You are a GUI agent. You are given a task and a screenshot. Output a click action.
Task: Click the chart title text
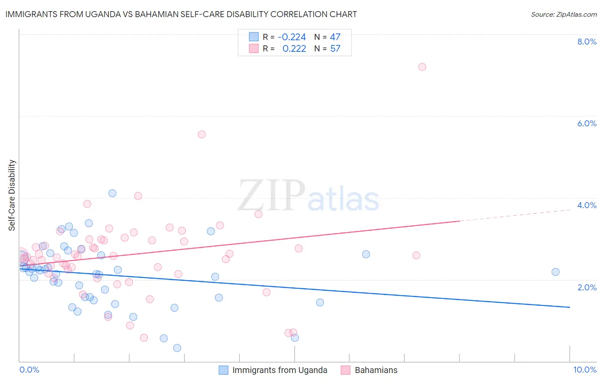181,14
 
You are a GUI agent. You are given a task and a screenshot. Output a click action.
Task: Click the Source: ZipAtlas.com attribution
563,14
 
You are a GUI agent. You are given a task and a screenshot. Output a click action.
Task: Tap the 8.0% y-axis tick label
587,42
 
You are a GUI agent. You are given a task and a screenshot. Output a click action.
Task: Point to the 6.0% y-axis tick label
587,123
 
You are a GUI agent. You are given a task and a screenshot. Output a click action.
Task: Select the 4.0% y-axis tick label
587,205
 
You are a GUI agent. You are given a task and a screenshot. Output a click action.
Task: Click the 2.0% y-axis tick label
587,287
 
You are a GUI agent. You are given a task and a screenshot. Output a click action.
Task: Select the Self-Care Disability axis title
12,195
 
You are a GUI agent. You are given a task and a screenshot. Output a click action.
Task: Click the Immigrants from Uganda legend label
280,370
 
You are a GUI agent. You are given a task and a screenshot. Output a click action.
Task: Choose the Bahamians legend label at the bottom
376,370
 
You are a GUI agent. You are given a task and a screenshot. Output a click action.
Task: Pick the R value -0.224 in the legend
292,37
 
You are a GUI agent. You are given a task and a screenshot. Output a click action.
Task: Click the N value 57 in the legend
335,49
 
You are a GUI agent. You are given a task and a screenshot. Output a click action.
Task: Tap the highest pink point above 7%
422,67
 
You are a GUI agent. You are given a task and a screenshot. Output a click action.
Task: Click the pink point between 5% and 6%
202,134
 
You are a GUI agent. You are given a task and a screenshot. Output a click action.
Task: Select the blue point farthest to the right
555,272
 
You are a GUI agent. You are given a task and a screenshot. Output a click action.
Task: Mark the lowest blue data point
177,348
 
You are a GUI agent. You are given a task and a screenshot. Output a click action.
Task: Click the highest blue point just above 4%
112,193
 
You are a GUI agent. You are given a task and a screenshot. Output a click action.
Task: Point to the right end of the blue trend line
569,307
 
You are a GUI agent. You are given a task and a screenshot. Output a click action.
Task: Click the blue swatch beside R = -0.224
254,37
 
